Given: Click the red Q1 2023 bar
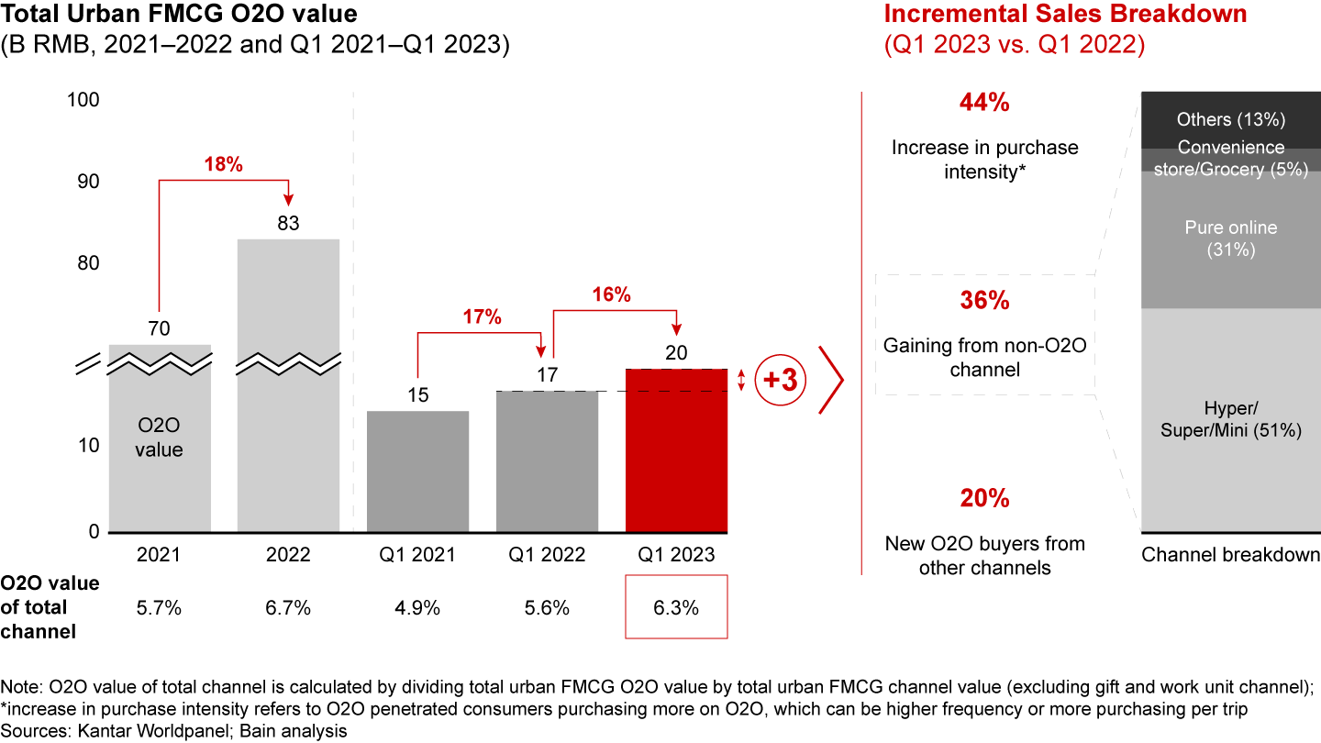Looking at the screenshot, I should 676,449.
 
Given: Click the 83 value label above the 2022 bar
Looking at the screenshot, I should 288,224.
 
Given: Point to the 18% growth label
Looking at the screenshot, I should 224,165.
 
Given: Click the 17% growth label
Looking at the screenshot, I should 482,317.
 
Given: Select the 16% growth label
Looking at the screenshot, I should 611,294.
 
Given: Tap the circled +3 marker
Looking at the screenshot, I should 780,381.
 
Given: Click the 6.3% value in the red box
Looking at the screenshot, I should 676,606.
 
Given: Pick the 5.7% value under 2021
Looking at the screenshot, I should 159,606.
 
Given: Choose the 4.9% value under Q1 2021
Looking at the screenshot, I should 417,606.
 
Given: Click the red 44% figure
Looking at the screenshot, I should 983,104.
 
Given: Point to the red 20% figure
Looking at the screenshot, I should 983,499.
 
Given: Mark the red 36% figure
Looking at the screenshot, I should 983,302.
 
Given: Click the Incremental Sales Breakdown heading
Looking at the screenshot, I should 1064,14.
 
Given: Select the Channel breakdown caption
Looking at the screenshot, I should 1230,555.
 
